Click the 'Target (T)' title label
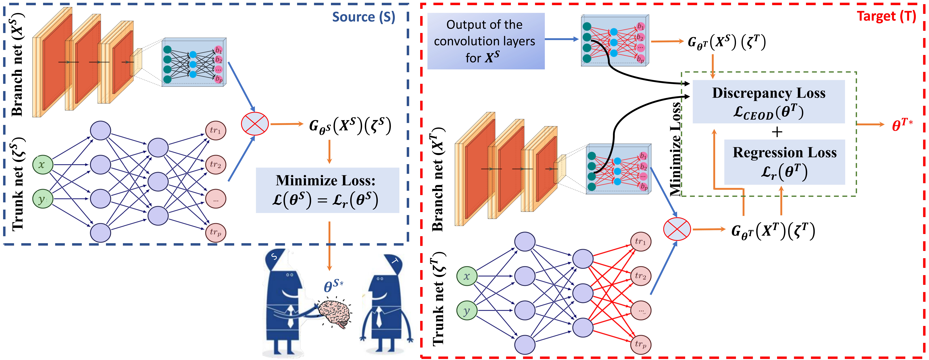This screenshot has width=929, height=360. tap(886, 16)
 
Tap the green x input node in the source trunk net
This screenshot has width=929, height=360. tap(43, 165)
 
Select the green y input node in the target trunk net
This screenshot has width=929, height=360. tap(467, 311)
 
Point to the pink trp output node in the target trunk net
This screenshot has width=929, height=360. tap(641, 344)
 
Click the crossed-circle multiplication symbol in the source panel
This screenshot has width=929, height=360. tap(255, 124)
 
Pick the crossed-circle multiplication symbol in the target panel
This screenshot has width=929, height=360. tap(677, 229)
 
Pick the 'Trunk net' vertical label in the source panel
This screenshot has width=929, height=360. tap(18, 184)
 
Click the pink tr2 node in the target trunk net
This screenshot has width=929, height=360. tap(641, 276)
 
